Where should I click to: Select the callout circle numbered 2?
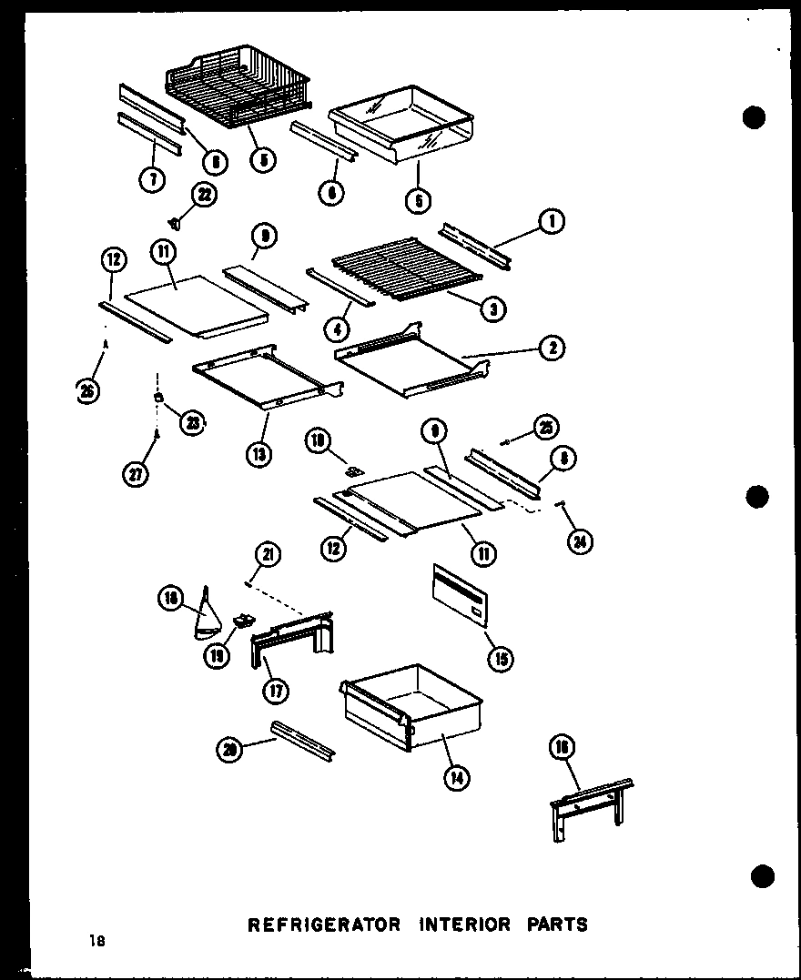pos(553,347)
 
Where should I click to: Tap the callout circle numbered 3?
pos(492,308)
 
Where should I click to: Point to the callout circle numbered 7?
pos(151,179)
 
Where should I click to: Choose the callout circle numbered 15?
pos(500,658)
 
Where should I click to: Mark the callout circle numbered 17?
pos(274,691)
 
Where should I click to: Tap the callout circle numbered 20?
pos(230,750)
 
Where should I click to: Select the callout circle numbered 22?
pos(205,194)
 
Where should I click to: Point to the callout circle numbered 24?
pos(579,541)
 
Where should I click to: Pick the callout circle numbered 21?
pos(268,554)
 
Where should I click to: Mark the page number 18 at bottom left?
pos(97,942)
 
